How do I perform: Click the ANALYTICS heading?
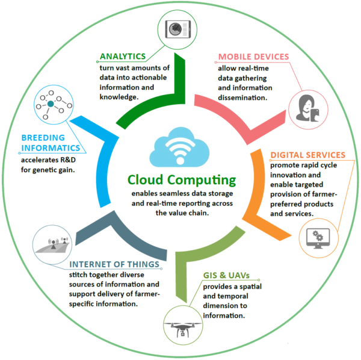tap(123, 57)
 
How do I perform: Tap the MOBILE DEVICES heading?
tap(253, 57)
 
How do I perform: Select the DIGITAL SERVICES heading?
tap(308, 155)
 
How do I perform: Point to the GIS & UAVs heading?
tap(226, 275)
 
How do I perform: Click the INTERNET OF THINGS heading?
tap(114, 264)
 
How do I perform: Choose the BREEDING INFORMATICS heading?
tap(51, 143)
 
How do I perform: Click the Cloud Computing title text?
tap(182, 180)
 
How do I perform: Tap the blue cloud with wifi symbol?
tap(179, 147)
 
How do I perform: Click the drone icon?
tap(182, 329)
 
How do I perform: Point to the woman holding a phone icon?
tap(307, 108)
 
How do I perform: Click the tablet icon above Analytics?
tap(178, 29)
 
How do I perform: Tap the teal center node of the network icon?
tap(51, 104)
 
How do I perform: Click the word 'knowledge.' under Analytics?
tap(119, 97)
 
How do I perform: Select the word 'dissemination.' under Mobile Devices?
tap(242, 98)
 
